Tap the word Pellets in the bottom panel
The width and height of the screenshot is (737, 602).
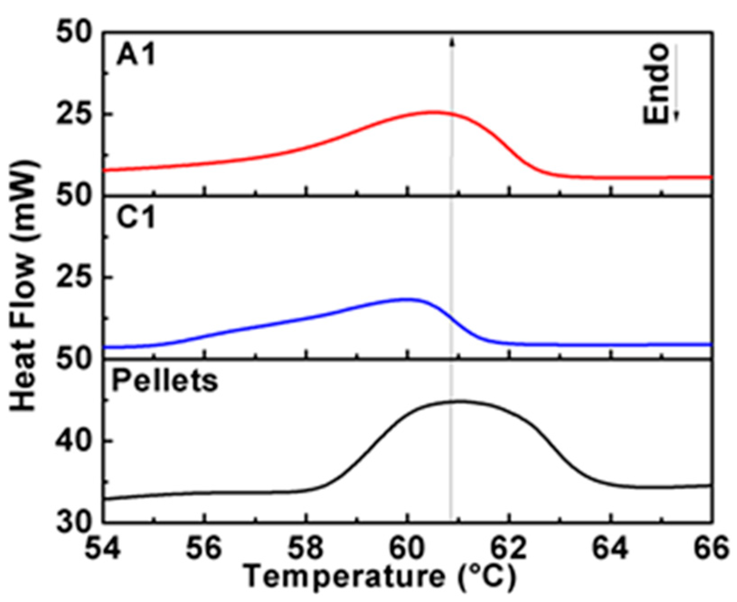point(164,381)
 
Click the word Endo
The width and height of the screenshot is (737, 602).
point(656,84)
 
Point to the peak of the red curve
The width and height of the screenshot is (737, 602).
point(432,112)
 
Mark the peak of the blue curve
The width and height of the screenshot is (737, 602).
point(408,299)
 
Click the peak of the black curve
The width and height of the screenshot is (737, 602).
point(459,401)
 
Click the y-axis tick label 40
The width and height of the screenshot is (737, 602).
point(74,442)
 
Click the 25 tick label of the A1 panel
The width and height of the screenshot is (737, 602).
point(74,114)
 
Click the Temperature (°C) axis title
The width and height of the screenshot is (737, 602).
point(380,577)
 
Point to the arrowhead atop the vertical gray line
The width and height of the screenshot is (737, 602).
point(451,42)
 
